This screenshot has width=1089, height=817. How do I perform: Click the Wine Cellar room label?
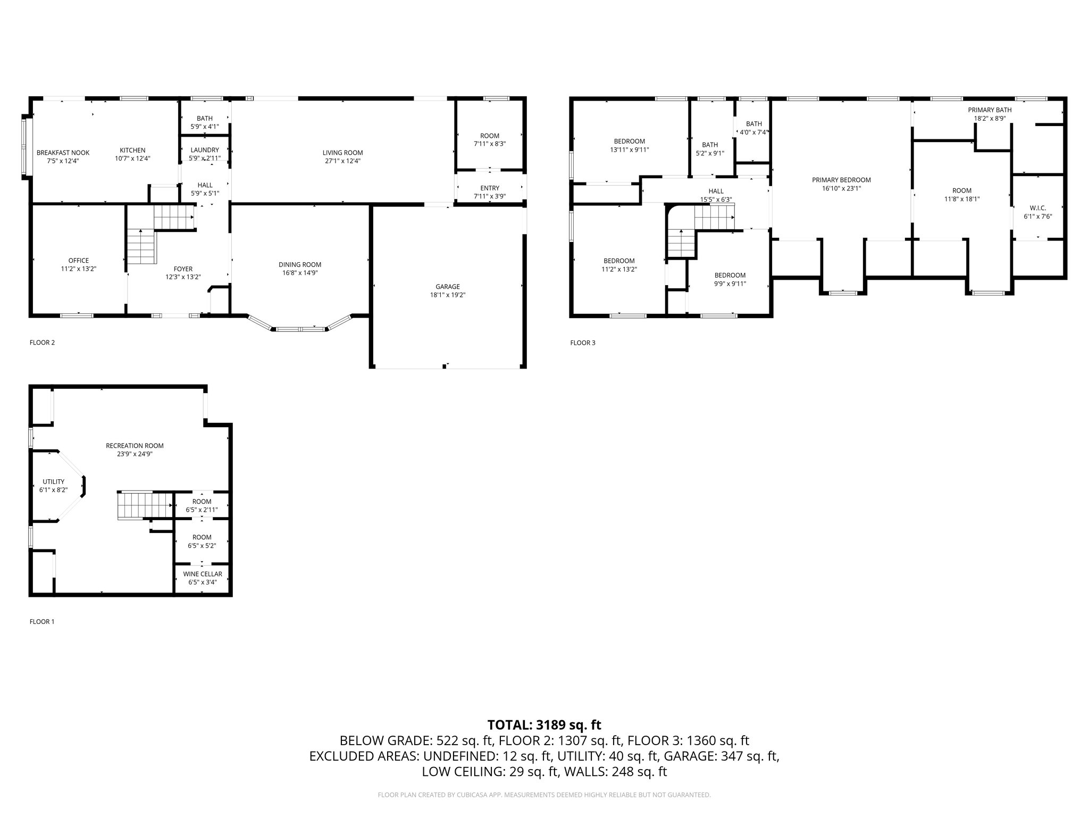click(203, 574)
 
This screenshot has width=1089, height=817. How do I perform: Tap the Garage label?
click(448, 287)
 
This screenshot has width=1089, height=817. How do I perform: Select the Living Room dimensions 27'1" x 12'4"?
click(342, 161)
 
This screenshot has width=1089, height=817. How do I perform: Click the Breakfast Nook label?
click(63, 153)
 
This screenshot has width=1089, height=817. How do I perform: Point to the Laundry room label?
click(205, 150)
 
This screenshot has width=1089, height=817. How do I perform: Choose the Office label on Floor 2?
click(79, 261)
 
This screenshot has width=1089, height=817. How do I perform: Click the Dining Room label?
click(300, 264)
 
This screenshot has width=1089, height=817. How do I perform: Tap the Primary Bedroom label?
click(841, 180)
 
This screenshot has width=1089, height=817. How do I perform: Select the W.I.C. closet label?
click(1038, 208)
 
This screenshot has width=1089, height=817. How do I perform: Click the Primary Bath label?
click(990, 110)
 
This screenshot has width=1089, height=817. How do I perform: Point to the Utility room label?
click(53, 481)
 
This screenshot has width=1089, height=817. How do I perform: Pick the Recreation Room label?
click(135, 446)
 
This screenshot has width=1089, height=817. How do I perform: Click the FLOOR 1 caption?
click(42, 621)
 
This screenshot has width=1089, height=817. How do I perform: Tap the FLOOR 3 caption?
click(583, 343)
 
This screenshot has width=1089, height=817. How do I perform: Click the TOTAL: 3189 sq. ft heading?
click(544, 724)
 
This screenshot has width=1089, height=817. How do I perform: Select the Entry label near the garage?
click(490, 188)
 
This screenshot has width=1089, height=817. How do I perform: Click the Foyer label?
click(183, 269)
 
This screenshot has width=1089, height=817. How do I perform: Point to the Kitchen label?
click(132, 150)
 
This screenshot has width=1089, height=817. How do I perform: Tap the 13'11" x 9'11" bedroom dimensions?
click(630, 149)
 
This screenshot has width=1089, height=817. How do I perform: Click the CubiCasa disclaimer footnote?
click(544, 795)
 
